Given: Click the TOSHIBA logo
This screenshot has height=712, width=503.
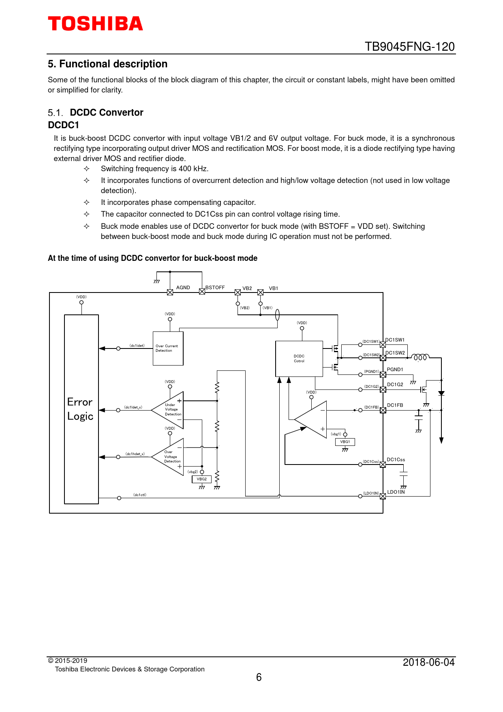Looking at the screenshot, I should point(95,24).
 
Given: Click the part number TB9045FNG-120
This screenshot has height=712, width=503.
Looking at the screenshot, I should point(409,47).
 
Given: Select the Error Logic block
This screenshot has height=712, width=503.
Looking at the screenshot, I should point(81,409).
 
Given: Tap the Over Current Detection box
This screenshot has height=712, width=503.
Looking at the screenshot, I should point(168,348).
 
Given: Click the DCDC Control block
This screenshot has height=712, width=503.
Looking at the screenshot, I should point(299,359).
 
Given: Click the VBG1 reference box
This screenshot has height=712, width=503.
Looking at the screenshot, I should point(345,442).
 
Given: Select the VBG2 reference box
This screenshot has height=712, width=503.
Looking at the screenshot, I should point(201,479).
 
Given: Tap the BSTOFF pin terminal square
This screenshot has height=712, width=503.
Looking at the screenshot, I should point(202,292).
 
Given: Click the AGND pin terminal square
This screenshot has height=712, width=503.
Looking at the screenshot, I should point(170,292).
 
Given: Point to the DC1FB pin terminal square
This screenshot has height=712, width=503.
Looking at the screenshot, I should point(383,410).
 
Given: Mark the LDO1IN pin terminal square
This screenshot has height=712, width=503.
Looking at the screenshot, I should point(383,496).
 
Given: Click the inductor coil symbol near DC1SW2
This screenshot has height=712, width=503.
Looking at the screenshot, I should point(420,357).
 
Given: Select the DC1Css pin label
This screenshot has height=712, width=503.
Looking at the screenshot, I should point(396,460).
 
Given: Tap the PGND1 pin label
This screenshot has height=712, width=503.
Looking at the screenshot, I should point(395,370).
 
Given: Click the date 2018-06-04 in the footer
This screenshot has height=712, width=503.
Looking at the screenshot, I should point(428,662).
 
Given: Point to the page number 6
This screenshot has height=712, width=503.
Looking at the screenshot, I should point(259,677).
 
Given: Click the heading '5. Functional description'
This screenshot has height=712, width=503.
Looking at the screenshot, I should point(107,64).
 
